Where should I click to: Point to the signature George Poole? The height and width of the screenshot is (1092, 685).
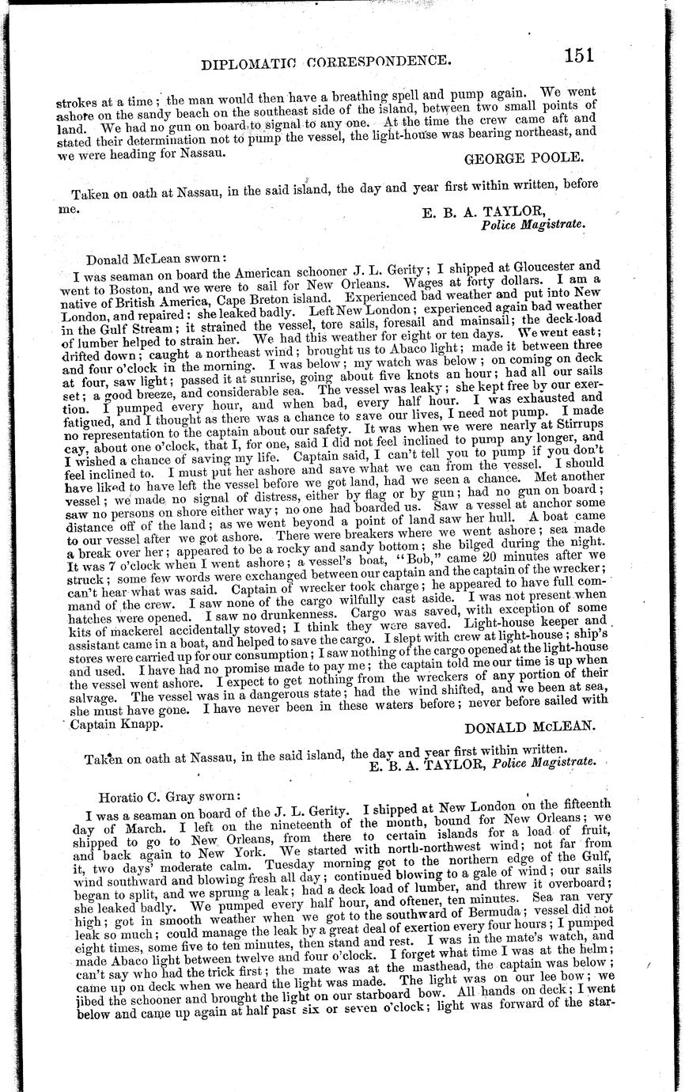524,157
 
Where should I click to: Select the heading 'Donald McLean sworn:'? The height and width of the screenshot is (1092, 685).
157,258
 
